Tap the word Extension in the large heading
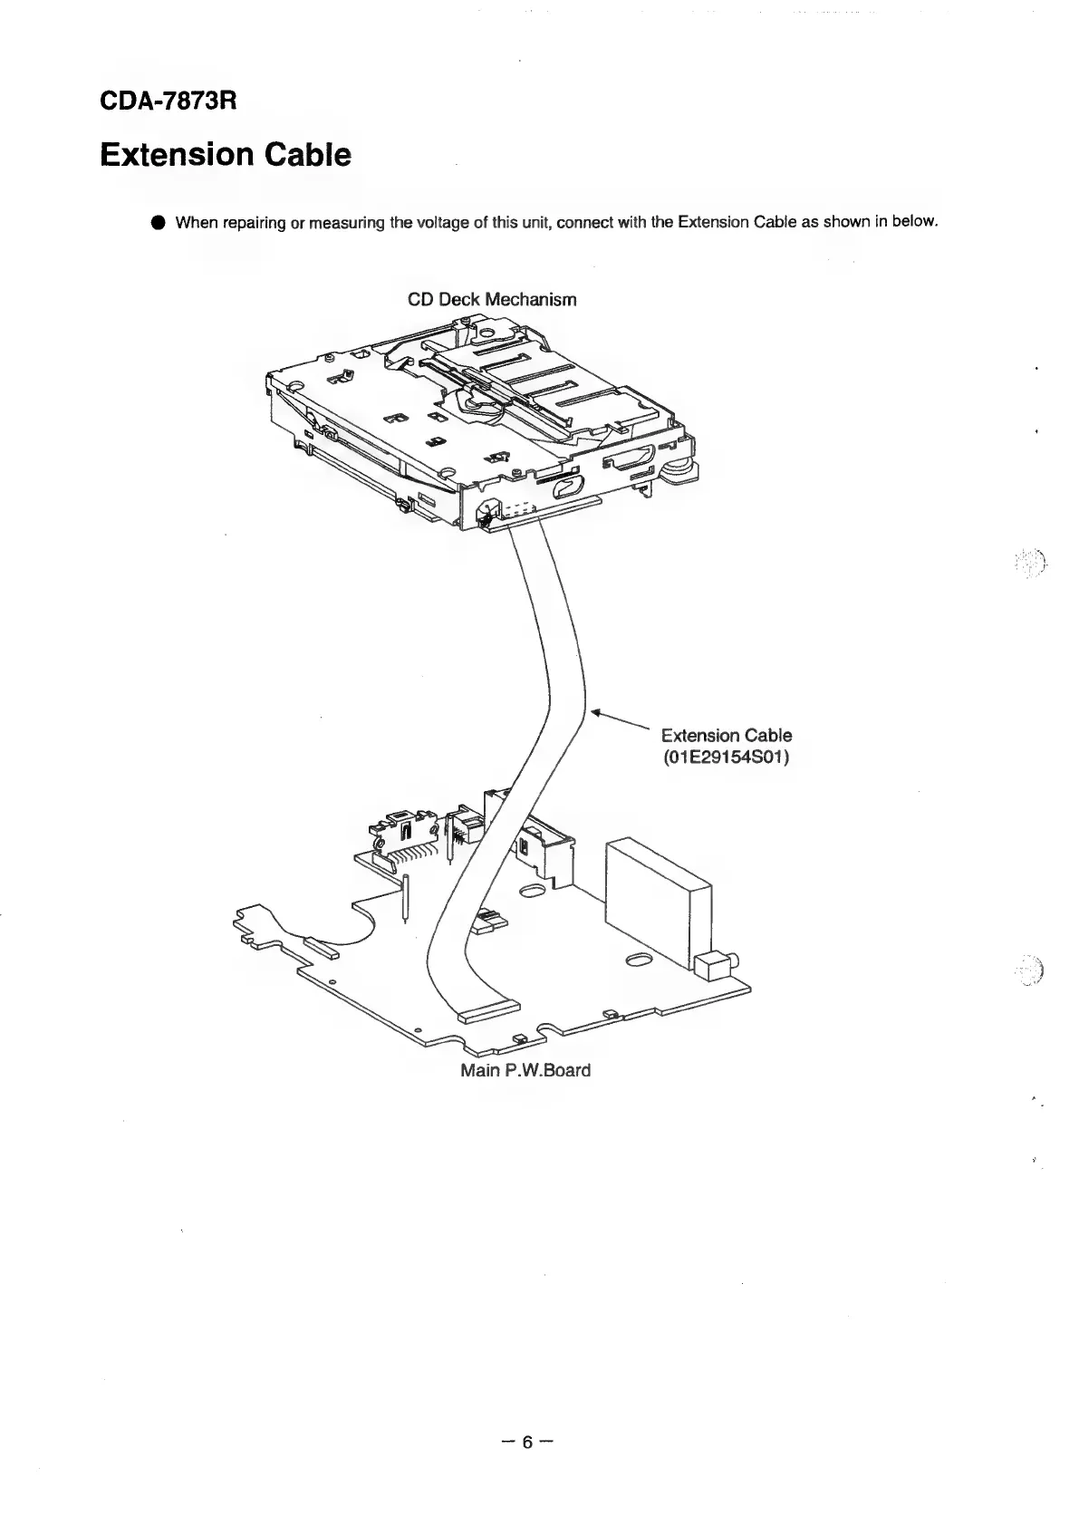165,155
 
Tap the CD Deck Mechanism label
492,299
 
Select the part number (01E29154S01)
726,757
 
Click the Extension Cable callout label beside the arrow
726,735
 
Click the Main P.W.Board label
525,1070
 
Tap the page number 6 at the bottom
528,1441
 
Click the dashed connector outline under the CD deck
515,515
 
